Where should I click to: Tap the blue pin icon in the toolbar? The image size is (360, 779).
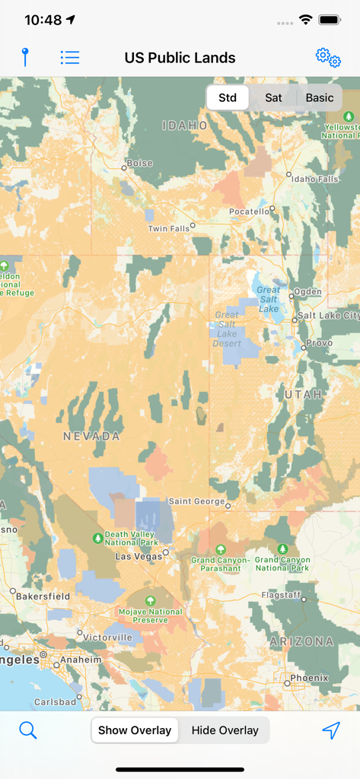25,57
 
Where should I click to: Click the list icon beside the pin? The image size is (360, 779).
70,57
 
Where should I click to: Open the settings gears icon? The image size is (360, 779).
328,57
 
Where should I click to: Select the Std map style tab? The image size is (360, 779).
228,97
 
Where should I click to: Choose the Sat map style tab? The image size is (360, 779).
273,97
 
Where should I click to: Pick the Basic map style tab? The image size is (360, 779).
320,97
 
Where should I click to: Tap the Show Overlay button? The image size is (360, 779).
135,730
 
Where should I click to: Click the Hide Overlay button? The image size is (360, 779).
225,730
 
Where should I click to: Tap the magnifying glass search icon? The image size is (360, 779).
28,730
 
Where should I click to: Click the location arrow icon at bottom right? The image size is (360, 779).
330,730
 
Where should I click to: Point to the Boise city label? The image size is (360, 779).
139,163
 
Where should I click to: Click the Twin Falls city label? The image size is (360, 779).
168,228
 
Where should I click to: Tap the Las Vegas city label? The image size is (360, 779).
138,556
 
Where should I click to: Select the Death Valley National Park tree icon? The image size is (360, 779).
97,538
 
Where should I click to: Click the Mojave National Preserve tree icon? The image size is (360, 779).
150,600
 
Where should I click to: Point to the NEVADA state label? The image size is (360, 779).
91,436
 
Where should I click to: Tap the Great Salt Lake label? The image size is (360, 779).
269,299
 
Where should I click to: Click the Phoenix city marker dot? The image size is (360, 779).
287,683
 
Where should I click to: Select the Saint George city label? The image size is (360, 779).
196,501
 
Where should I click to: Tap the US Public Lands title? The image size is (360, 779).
180,58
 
